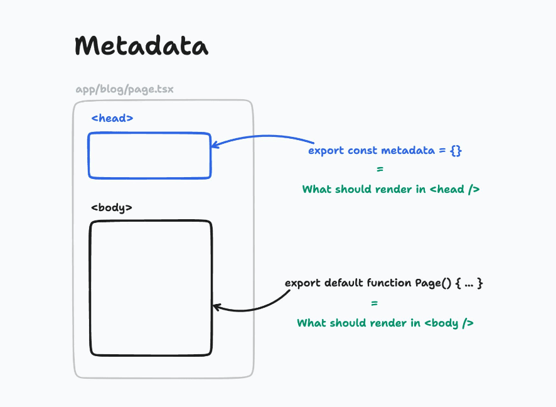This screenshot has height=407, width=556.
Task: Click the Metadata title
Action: point(142,46)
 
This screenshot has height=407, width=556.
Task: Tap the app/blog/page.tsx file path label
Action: point(124,89)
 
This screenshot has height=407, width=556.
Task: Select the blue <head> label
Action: point(112,117)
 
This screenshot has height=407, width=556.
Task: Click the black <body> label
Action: point(112,207)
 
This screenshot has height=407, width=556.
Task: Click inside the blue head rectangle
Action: point(149,155)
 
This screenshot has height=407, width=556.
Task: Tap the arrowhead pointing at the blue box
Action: point(215,145)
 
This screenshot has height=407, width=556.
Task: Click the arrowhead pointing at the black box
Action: point(217,307)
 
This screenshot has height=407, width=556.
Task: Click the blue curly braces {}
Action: point(456,151)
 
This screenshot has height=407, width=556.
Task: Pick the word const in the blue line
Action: point(363,151)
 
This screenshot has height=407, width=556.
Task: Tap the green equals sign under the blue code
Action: point(380,170)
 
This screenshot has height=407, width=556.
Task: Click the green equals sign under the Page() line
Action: point(375,303)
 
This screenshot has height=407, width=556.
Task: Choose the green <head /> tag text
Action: point(455,189)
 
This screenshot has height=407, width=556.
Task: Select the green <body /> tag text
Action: point(449,323)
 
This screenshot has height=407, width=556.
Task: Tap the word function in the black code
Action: point(390,283)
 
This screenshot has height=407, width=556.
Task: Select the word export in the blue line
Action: point(326,151)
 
